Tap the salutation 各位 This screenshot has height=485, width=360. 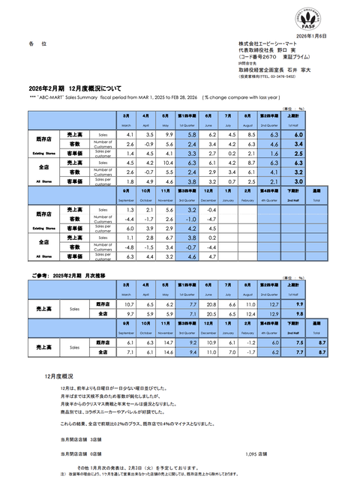click(x=40, y=46)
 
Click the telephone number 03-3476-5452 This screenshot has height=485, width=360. click(x=282, y=76)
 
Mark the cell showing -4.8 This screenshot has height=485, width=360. click(x=130, y=247)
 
